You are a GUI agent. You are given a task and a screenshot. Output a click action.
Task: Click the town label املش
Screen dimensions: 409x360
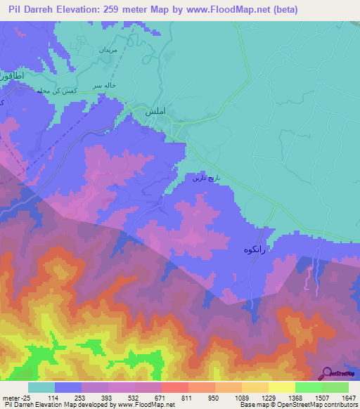(x=154, y=111)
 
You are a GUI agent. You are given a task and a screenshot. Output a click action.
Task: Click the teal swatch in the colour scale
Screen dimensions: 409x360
(x=41, y=387)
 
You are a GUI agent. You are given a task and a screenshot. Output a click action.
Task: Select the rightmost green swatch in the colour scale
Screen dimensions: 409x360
(x=335, y=387)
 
